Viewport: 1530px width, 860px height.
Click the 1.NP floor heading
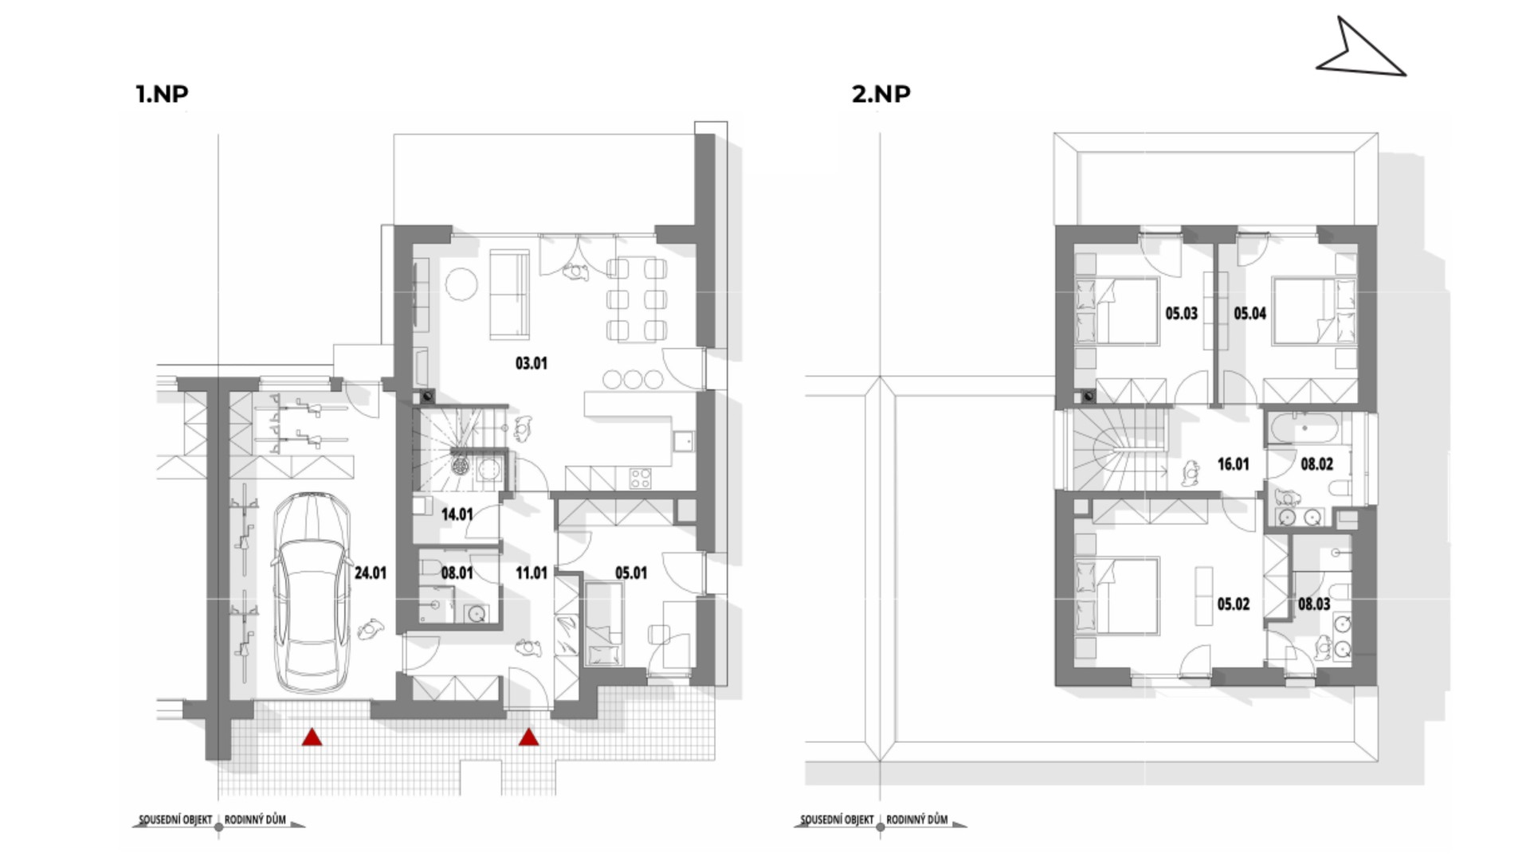(163, 94)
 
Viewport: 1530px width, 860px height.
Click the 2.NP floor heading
(881, 94)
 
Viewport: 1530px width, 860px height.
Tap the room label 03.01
(532, 364)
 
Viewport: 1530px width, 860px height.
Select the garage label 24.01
(371, 573)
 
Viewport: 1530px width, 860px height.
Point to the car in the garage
(312, 593)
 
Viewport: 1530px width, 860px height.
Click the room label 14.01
(457, 514)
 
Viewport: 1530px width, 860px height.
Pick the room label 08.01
(457, 573)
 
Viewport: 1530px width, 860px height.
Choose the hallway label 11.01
(532, 573)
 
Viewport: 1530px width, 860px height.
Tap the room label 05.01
(631, 573)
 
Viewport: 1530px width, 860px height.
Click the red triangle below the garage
(312, 738)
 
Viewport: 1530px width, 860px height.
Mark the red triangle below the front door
(528, 738)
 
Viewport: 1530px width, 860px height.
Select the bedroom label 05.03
(1182, 314)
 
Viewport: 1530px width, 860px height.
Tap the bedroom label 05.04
(1250, 314)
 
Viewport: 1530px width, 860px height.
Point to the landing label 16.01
(1234, 464)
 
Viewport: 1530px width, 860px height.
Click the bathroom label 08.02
(1317, 464)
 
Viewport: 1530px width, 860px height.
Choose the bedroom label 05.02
(1234, 604)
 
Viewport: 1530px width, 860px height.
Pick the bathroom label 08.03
(1314, 604)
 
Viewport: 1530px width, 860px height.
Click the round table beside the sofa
(461, 284)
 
